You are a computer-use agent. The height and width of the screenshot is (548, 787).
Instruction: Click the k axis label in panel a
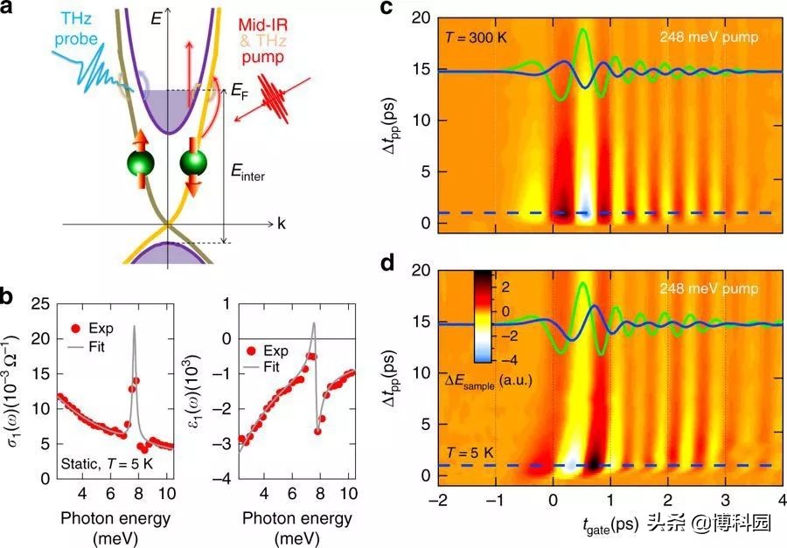pos(282,225)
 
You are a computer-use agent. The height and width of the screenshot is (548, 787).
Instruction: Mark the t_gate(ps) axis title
pos(605,526)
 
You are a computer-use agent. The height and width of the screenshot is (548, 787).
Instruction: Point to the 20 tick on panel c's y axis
pos(420,17)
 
